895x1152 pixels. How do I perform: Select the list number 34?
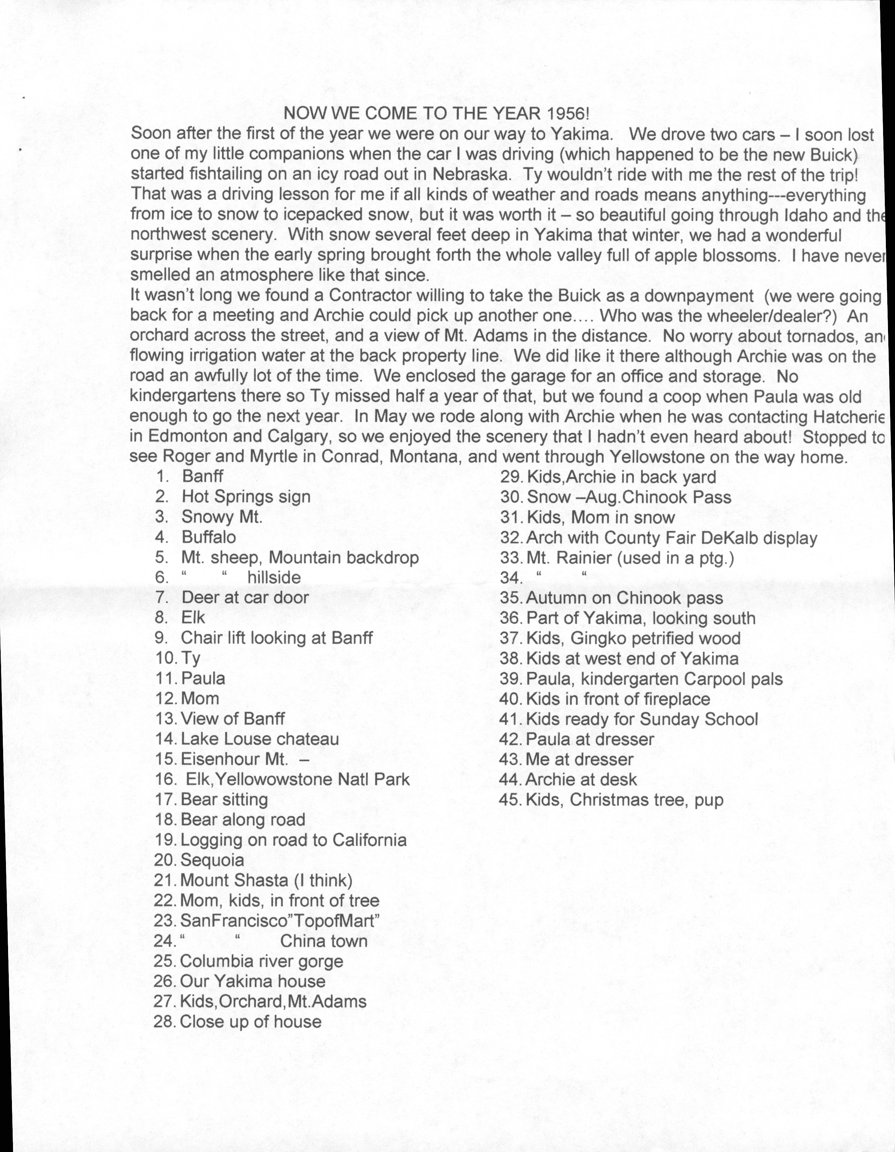tap(510, 578)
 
